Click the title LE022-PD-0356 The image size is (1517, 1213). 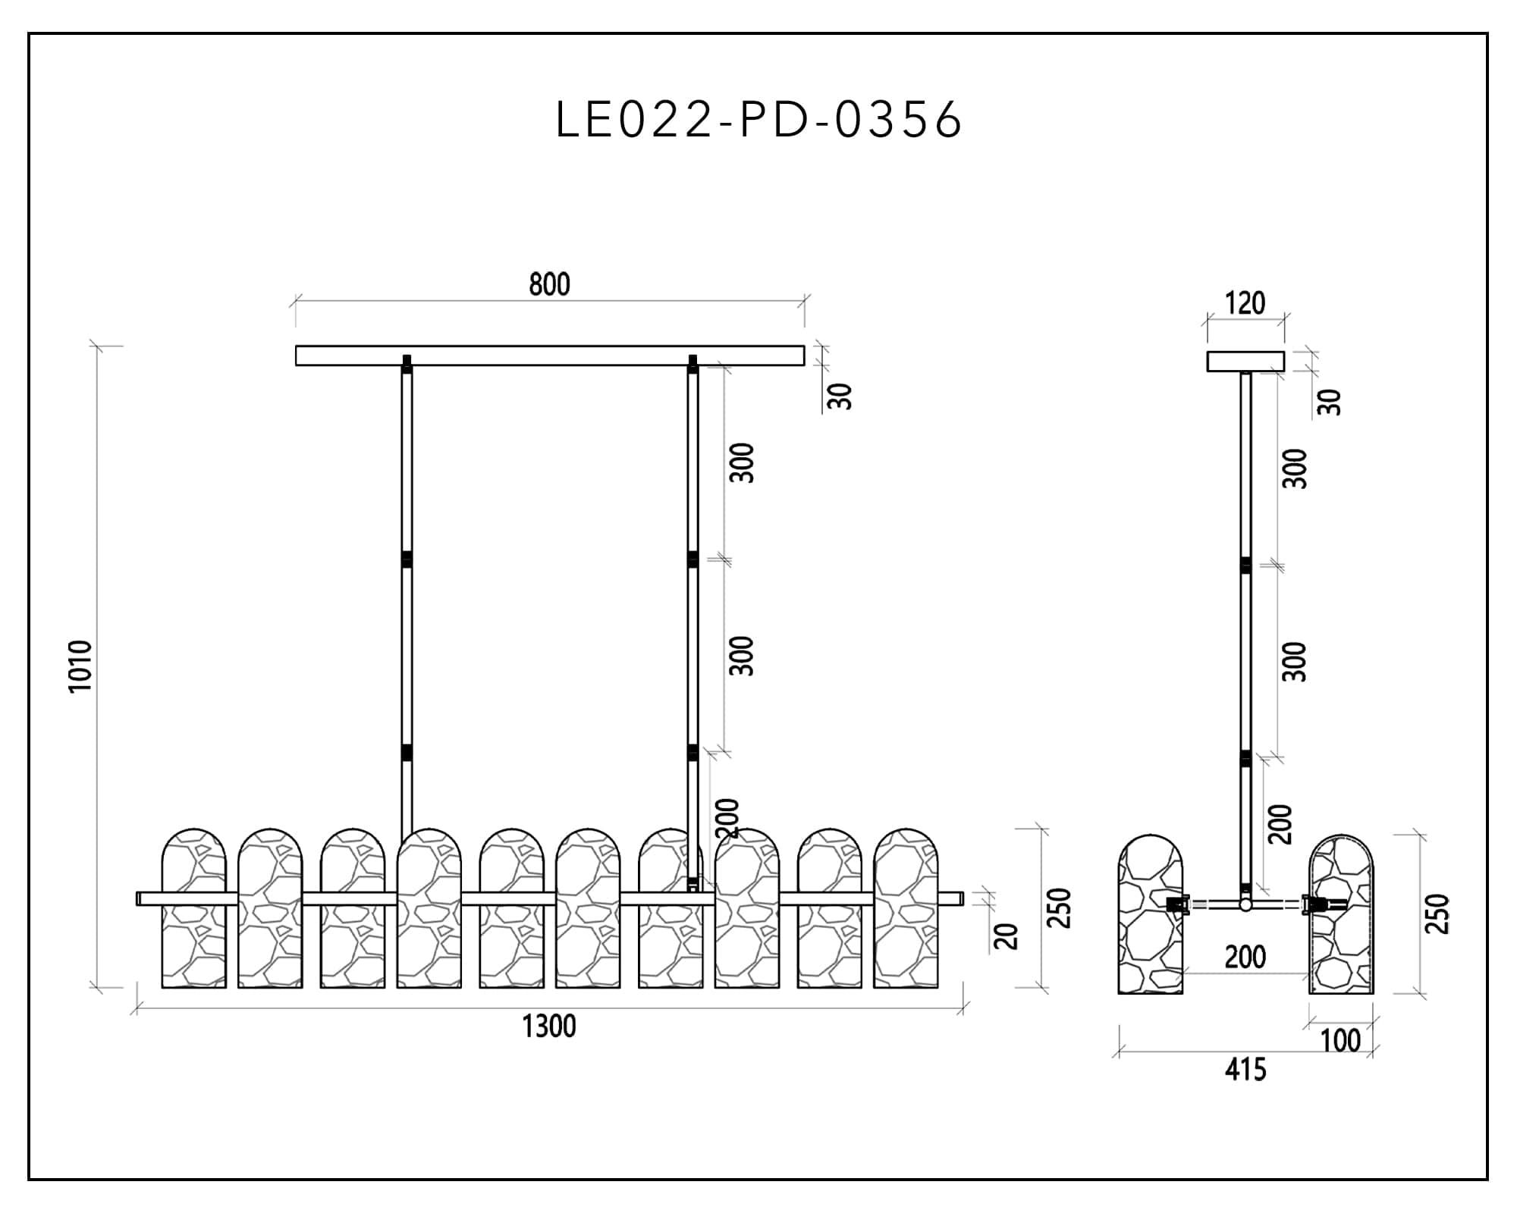tap(758, 120)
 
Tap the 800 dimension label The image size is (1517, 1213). tap(549, 285)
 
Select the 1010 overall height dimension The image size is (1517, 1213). tap(80, 666)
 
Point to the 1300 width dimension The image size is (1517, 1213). tap(549, 1027)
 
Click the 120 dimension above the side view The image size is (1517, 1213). tap(1245, 303)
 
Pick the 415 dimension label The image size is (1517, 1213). tap(1245, 1070)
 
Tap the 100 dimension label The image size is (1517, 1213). tap(1340, 1041)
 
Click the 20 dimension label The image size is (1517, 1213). tap(1006, 936)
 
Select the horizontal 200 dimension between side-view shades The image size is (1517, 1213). tap(1245, 958)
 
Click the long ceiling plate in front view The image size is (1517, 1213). tap(549, 356)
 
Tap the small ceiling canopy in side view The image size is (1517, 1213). tap(1245, 362)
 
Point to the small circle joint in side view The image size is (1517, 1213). tap(1245, 904)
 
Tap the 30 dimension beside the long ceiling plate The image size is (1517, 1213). tap(840, 396)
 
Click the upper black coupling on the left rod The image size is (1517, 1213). tap(407, 559)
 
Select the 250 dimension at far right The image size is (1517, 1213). tap(1438, 914)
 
